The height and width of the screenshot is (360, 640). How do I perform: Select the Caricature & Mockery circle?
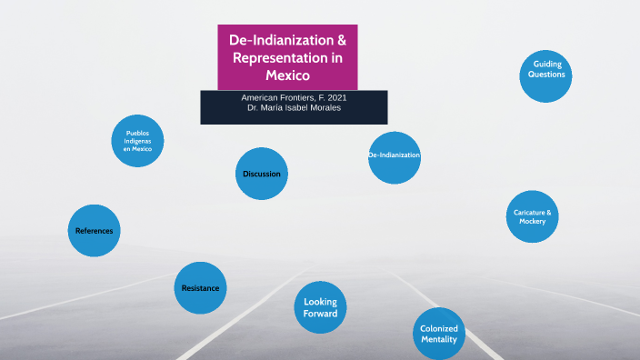pyautogui.click(x=533, y=216)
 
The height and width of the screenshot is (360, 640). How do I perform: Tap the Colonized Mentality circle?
pyautogui.click(x=439, y=334)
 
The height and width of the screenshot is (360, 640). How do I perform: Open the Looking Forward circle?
pyautogui.click(x=320, y=307)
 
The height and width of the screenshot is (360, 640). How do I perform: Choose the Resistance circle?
pyautogui.click(x=200, y=288)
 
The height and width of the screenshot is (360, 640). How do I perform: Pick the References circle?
pyautogui.click(x=95, y=231)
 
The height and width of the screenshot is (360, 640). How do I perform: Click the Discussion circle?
pyautogui.click(x=262, y=174)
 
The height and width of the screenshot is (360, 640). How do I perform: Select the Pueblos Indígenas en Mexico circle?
pyautogui.click(x=138, y=141)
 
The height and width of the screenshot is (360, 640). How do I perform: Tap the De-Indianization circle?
pyautogui.click(x=395, y=156)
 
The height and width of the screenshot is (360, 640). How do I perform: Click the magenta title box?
pyautogui.click(x=288, y=57)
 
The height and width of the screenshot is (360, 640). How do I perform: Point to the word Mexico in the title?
pyautogui.click(x=288, y=75)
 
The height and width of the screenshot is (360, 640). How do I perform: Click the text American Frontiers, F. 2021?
pyautogui.click(x=294, y=97)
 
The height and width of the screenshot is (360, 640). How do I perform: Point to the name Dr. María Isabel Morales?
pyautogui.click(x=294, y=107)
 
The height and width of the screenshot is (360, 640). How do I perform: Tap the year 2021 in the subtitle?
pyautogui.click(x=335, y=97)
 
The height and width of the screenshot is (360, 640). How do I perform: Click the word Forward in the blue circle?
pyautogui.click(x=320, y=314)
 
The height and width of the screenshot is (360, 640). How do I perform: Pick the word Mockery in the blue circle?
pyautogui.click(x=533, y=222)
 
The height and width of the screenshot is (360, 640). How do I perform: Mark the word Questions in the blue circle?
pyautogui.click(x=548, y=75)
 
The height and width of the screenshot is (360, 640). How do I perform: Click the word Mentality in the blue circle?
pyautogui.click(x=439, y=340)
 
